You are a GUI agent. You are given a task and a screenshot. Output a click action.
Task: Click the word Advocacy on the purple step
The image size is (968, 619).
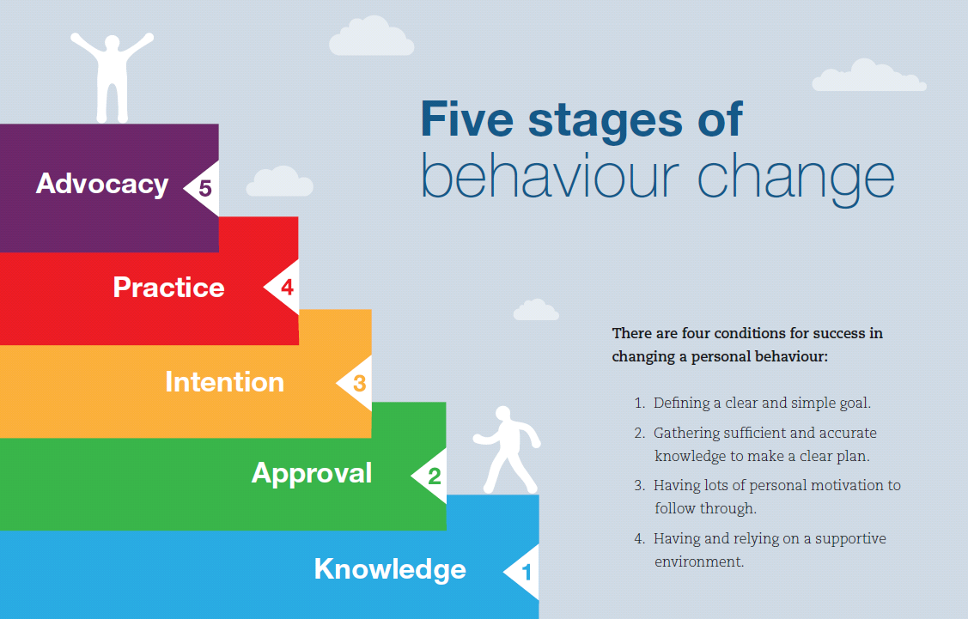[x=101, y=184]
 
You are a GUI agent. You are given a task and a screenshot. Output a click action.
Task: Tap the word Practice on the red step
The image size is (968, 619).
[x=168, y=287]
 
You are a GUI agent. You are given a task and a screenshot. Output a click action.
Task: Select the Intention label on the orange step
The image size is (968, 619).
[x=224, y=381]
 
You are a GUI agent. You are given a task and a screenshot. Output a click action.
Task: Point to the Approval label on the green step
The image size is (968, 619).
[x=312, y=473]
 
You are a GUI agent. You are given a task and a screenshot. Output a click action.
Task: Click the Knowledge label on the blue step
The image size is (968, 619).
[x=390, y=568]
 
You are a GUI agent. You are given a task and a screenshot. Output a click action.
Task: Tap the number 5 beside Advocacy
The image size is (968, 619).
[x=205, y=188]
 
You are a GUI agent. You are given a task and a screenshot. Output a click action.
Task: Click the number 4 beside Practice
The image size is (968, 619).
[x=287, y=288]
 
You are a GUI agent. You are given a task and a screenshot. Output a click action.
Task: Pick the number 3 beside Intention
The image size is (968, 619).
[x=360, y=384]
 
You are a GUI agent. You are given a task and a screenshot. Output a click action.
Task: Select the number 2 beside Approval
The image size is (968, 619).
[x=435, y=476]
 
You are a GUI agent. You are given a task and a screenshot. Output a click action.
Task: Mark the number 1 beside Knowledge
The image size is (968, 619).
[x=527, y=571]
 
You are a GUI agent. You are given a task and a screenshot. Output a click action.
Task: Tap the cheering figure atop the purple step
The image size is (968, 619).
[x=113, y=77]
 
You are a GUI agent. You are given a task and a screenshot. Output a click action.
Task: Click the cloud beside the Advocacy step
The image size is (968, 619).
[x=280, y=182]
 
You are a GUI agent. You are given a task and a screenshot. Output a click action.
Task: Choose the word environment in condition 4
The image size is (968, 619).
[x=698, y=562]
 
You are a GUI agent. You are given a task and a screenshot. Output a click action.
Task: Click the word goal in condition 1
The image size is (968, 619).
[x=852, y=402]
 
